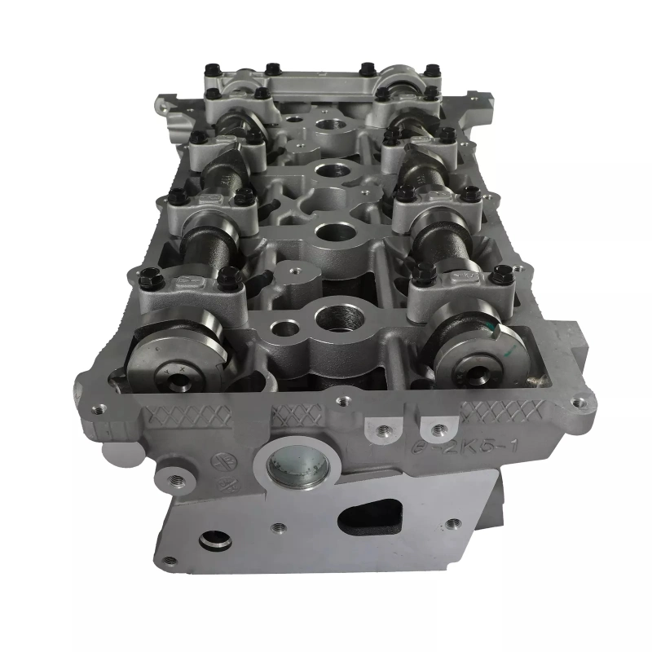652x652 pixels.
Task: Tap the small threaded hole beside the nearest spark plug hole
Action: (x=285, y=328)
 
